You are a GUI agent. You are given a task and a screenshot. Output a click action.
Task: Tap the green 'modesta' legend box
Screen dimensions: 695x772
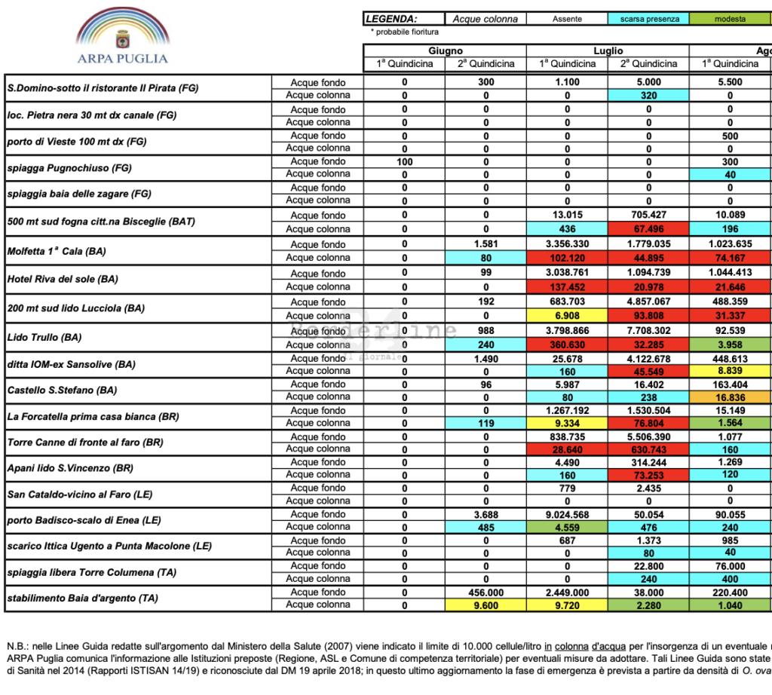[730, 19]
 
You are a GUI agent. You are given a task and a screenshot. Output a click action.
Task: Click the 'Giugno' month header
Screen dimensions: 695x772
[445, 51]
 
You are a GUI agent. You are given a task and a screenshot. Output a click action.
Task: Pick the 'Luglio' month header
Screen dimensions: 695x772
[608, 51]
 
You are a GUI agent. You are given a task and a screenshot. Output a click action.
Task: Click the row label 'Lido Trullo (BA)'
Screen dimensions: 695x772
[44, 337]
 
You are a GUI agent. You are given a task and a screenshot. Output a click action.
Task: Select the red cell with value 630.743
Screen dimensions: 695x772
[648, 449]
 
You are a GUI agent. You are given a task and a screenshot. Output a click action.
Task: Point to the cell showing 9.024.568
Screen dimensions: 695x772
[567, 514]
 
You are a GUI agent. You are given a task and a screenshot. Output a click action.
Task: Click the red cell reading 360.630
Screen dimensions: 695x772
[567, 344]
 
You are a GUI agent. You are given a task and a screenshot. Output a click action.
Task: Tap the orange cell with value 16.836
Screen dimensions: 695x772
[730, 396]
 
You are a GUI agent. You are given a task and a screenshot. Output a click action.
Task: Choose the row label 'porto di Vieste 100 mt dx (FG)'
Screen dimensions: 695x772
[77, 142]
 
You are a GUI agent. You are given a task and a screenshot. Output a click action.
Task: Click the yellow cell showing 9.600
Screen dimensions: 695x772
[486, 605]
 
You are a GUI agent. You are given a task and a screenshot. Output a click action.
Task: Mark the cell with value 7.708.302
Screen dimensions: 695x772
[648, 331]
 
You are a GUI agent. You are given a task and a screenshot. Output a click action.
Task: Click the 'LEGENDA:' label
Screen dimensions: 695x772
[391, 19]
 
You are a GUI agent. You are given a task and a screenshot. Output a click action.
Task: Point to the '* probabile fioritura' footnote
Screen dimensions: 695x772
[405, 32]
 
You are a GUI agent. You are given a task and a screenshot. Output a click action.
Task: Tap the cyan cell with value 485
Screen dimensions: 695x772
[486, 528]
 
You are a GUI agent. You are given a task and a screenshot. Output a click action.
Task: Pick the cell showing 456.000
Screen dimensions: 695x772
[486, 592]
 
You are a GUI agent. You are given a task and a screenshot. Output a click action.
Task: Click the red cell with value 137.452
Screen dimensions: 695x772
[567, 286]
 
